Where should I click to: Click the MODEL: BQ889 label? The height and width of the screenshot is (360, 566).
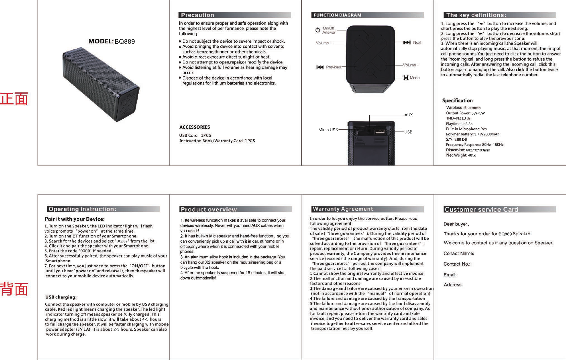tap(111, 41)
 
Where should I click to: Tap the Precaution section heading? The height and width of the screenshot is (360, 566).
tap(197, 15)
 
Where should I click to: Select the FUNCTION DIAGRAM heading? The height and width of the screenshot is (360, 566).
tap(337, 15)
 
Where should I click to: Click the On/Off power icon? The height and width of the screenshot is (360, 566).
tap(318, 30)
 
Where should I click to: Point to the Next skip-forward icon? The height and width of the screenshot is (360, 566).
tap(407, 42)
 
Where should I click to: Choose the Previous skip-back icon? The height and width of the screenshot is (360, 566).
tap(320, 67)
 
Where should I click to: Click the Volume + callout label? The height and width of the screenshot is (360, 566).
tap(324, 43)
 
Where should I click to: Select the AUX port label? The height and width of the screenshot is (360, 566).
tap(409, 115)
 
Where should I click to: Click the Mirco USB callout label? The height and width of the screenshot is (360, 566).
tap(328, 130)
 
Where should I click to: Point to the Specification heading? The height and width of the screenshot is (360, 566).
tap(457, 100)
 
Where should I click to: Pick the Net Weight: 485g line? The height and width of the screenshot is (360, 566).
tap(461, 155)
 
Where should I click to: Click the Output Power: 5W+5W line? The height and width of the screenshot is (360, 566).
tap(465, 113)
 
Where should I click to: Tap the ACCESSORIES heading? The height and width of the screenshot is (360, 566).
tap(194, 127)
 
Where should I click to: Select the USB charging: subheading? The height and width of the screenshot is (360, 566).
tap(61, 297)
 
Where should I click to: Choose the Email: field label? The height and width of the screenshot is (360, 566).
tap(450, 275)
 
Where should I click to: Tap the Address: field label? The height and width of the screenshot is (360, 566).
tap(453, 285)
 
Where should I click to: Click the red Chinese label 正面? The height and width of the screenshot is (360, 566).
tap(14, 99)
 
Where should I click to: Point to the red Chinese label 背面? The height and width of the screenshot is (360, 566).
tap(14, 289)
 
